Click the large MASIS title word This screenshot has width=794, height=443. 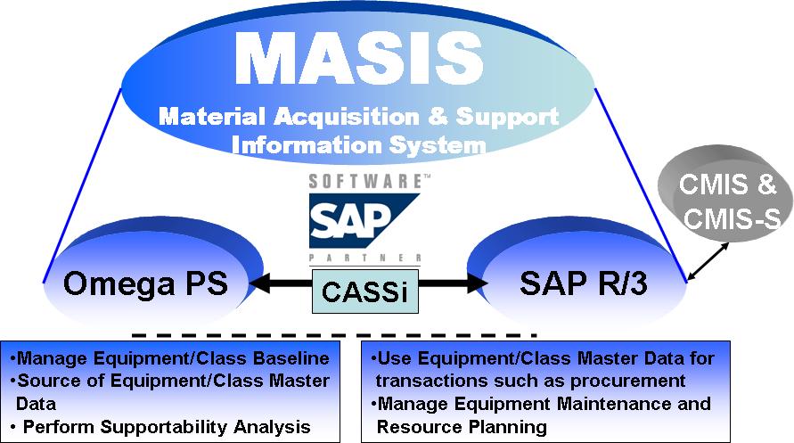point(359,58)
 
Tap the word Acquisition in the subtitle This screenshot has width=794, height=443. point(347,117)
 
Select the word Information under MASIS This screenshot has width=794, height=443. point(307,145)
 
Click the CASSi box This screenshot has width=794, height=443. point(365,291)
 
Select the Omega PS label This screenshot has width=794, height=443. point(146,283)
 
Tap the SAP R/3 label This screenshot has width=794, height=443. point(584,283)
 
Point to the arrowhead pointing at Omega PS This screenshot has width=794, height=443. point(260,283)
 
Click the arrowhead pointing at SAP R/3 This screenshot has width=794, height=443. point(478,283)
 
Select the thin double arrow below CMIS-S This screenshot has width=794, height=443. point(708,261)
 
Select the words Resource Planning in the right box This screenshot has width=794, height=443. point(462,427)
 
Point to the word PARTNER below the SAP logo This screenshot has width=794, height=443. point(364,258)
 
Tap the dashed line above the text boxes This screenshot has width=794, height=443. point(334,335)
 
